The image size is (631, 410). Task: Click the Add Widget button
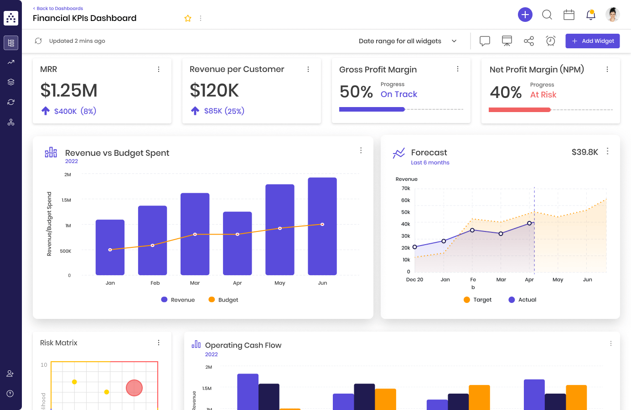tap(592, 41)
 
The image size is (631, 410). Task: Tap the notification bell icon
tap(590, 15)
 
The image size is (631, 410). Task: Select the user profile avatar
tap(612, 15)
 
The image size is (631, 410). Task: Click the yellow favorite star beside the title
tap(188, 18)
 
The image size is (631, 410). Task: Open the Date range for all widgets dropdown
tap(408, 41)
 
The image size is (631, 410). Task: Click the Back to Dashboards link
tap(58, 8)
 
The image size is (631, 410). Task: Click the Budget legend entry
tap(223, 300)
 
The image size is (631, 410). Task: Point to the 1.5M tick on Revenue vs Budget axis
tap(67, 200)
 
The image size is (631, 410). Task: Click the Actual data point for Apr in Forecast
tap(529, 223)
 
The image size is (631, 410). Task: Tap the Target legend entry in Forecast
tap(477, 300)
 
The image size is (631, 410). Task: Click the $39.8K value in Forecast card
tap(584, 152)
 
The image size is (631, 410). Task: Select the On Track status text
tap(399, 94)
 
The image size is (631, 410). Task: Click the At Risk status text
tap(543, 95)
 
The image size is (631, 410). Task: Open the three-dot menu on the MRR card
tap(159, 69)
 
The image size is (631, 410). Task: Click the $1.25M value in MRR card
tap(69, 91)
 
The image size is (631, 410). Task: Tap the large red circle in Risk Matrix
tap(134, 388)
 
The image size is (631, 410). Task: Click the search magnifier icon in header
tap(547, 15)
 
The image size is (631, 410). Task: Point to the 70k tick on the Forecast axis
tap(405, 188)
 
